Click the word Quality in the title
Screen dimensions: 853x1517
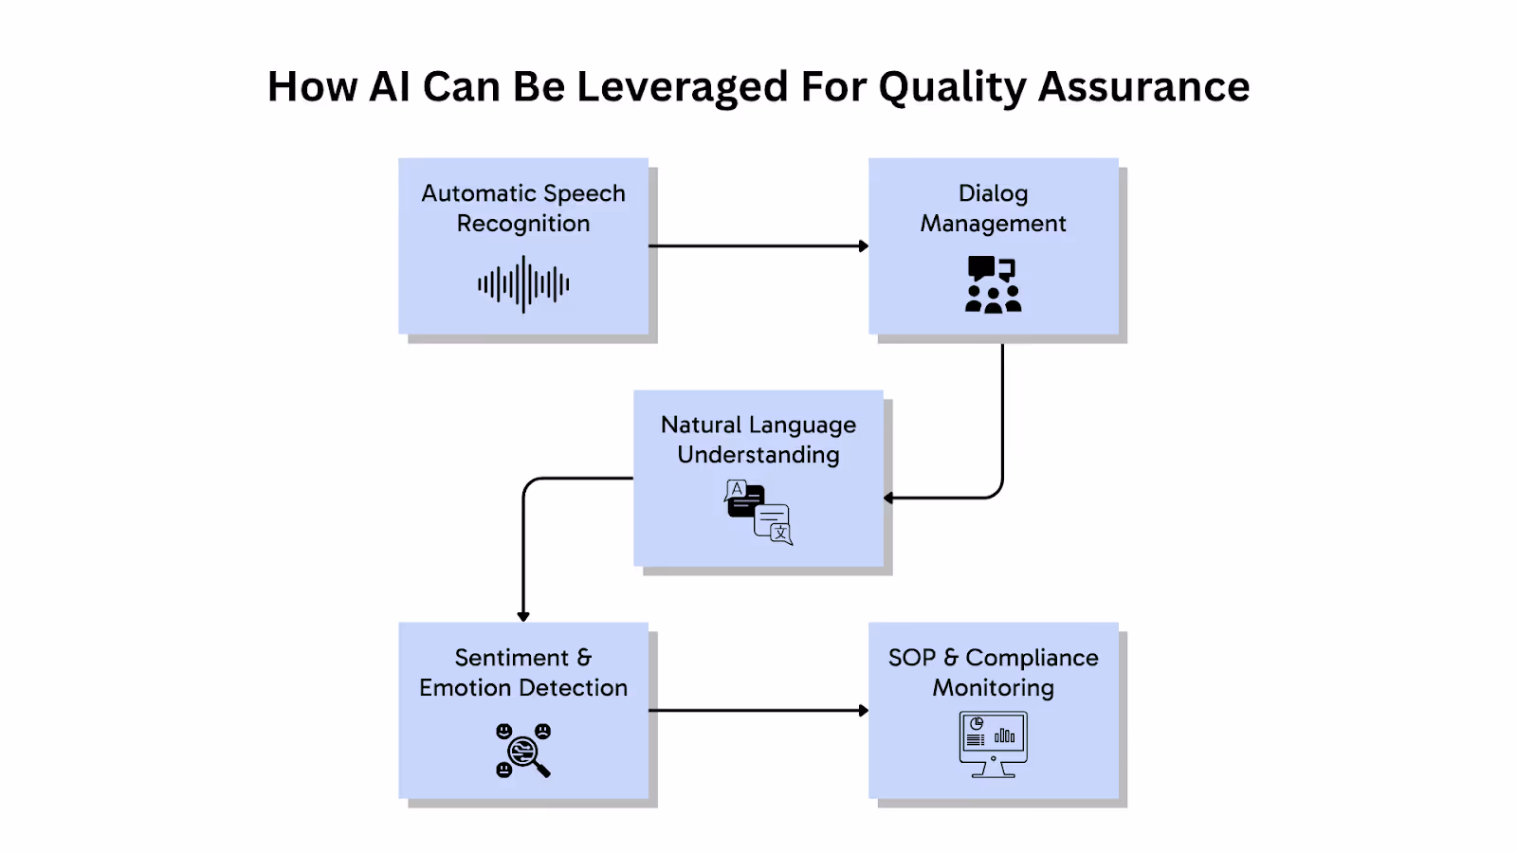click(951, 87)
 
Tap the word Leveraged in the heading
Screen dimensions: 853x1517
click(682, 87)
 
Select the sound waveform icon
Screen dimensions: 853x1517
click(523, 283)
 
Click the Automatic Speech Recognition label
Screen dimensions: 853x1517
click(523, 208)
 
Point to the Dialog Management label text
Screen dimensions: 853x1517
click(993, 208)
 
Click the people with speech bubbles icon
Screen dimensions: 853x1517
click(993, 284)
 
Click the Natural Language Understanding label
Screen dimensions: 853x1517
click(758, 439)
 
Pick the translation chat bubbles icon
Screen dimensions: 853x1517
click(758, 512)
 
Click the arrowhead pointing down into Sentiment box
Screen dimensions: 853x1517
click(523, 615)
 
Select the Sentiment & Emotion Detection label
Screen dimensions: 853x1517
click(523, 672)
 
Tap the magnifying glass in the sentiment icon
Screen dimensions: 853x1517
click(527, 755)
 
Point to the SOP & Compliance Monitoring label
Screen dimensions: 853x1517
click(993, 672)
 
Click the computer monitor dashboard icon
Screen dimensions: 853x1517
click(993, 744)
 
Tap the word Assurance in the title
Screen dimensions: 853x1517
click(1143, 87)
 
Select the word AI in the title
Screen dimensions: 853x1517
click(389, 87)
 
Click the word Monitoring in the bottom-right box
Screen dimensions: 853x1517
click(993, 688)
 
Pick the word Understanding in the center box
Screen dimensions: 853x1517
click(758, 455)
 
